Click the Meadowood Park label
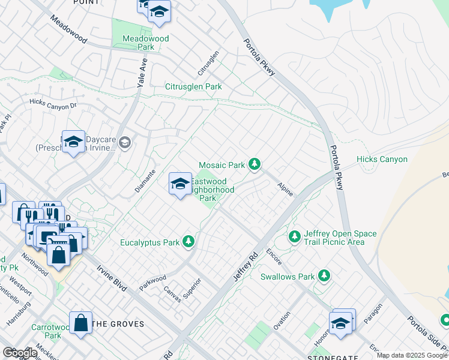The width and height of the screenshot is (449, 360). tap(145, 43)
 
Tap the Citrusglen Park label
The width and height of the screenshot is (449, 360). tap(193, 87)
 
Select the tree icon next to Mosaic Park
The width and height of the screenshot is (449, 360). tap(255, 164)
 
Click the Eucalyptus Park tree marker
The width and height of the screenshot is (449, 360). tap(189, 242)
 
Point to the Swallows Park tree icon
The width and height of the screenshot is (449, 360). tap(324, 275)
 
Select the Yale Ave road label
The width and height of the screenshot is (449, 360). tap(143, 74)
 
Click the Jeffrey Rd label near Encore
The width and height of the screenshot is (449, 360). tap(245, 266)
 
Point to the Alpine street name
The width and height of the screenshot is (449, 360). tap(285, 190)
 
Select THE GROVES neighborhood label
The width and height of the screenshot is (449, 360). tap(119, 324)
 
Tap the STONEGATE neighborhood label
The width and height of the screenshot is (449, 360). tap(336, 356)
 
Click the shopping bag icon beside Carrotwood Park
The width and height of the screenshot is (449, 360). tap(80, 323)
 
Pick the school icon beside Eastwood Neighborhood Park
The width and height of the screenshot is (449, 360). tap(180, 185)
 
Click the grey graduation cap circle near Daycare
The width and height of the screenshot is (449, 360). tap(125, 142)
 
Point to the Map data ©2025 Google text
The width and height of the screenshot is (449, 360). tap(412, 355)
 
